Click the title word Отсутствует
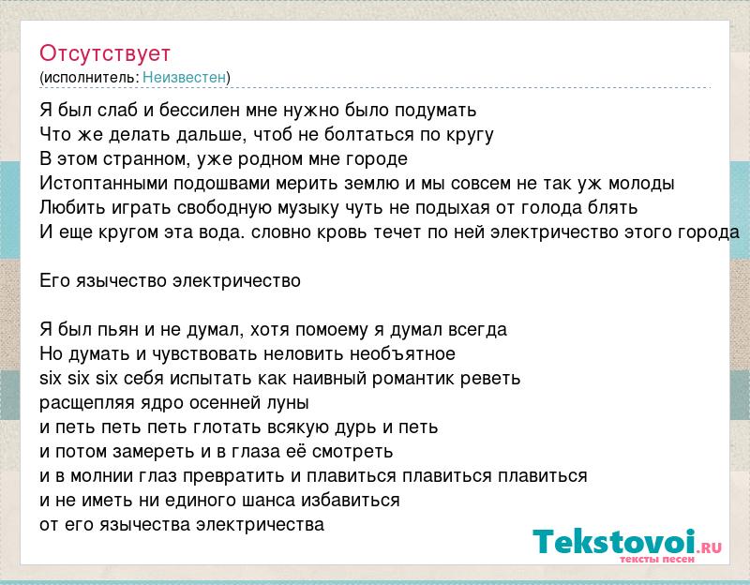[x=105, y=53]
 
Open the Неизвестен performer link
[x=184, y=77]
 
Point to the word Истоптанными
[x=103, y=183]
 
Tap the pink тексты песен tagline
[x=657, y=559]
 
